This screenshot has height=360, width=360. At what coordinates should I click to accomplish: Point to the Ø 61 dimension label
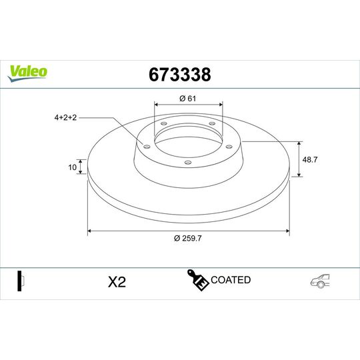(x=188, y=99)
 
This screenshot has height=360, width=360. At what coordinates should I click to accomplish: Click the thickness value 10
(x=72, y=167)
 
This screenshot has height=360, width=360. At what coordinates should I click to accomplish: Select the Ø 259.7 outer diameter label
(x=188, y=239)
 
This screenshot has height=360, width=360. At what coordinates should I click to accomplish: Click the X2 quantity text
(x=117, y=282)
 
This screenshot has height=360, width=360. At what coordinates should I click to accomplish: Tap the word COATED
(x=230, y=280)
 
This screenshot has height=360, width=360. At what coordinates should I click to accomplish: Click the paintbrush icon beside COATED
(x=198, y=281)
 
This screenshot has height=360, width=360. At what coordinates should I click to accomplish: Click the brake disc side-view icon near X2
(x=21, y=281)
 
